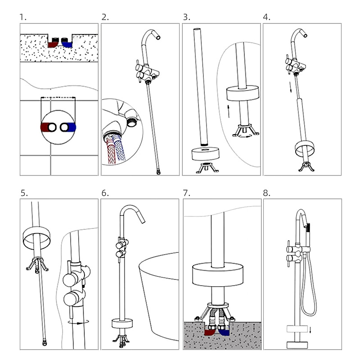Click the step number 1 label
click(x=23, y=17)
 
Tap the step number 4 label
click(x=266, y=17)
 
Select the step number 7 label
click(x=186, y=193)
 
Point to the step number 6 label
click(x=105, y=193)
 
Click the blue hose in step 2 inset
click(x=120, y=148)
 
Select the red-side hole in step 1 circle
click(x=52, y=127)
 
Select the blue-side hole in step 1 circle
click(x=64, y=127)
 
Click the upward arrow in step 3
click(x=229, y=111)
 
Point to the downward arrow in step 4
click(x=290, y=87)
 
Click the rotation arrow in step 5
click(x=78, y=322)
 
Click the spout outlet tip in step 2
click(x=158, y=37)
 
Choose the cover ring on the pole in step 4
click(x=305, y=149)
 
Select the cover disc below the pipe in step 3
click(x=206, y=153)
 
